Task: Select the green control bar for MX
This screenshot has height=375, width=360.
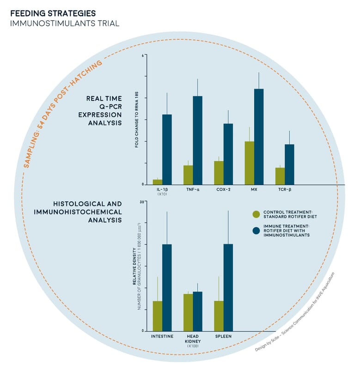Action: [250, 163]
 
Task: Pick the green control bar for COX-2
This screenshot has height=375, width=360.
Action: [219, 172]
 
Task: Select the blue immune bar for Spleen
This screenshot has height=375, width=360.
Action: [228, 287]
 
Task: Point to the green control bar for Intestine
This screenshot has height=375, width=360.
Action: [158, 316]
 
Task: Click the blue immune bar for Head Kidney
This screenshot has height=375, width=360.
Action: [197, 311]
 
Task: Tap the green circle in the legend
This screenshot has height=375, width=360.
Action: [256, 214]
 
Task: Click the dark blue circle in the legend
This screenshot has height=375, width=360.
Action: [256, 230]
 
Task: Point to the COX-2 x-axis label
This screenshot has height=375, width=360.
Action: [223, 189]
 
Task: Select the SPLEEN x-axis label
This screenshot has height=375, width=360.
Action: [223, 336]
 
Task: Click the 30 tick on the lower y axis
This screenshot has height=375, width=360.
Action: [143, 201]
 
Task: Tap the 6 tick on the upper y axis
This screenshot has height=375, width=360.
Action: [143, 55]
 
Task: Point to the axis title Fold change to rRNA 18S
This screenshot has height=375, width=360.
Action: [137, 119]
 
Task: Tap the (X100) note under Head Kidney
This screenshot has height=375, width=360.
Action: [193, 346]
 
